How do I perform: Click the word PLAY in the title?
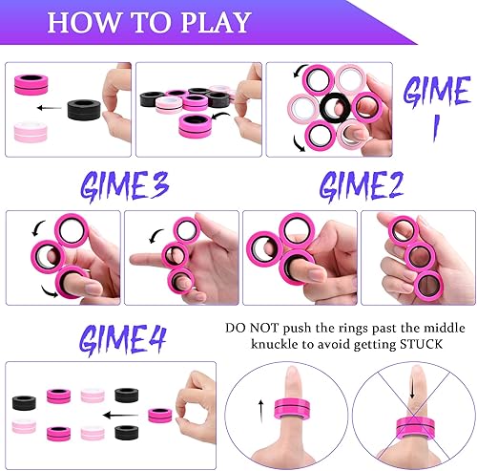202,22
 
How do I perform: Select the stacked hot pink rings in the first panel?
34,89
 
